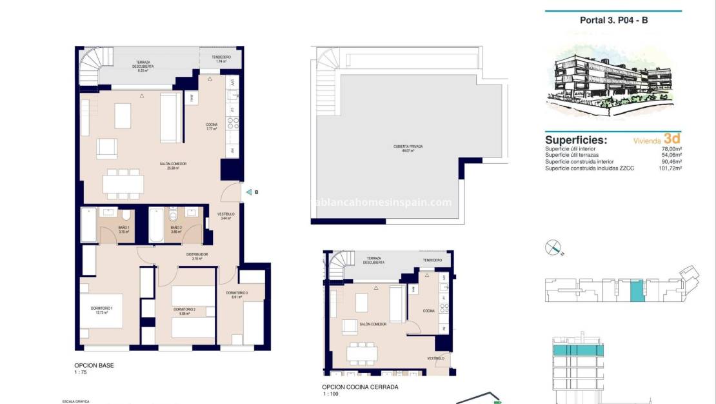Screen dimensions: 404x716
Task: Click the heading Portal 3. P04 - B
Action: pyautogui.click(x=613, y=20)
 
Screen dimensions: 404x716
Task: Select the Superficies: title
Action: pyautogui.click(x=575, y=139)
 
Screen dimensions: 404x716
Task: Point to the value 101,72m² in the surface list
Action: pyautogui.click(x=669, y=168)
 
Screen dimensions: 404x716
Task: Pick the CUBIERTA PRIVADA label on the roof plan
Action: pyautogui.click(x=408, y=148)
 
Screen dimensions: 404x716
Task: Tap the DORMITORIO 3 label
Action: pyautogui.click(x=237, y=294)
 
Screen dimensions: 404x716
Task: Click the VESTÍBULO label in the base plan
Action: pyautogui.click(x=226, y=216)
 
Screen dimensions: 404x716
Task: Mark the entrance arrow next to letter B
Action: pyautogui.click(x=246, y=192)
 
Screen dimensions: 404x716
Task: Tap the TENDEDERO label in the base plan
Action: pyautogui.click(x=221, y=58)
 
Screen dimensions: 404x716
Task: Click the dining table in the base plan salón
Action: pyautogui.click(x=123, y=183)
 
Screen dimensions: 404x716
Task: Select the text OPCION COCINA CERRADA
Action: pyautogui.click(x=361, y=387)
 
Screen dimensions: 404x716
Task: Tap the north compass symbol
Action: pyautogui.click(x=553, y=247)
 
